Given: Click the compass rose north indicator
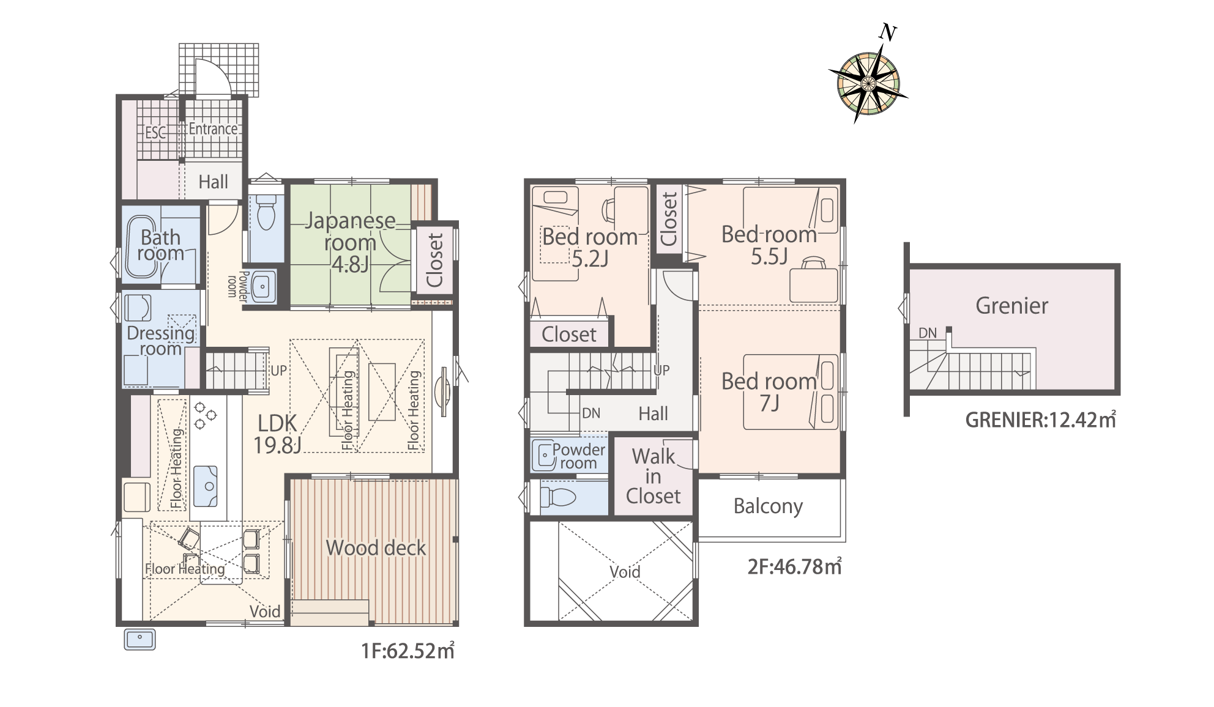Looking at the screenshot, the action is [887, 32].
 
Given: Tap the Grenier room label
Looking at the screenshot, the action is [1011, 305].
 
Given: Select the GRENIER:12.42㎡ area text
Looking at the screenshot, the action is [1040, 420].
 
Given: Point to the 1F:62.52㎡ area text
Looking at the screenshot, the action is [408, 650].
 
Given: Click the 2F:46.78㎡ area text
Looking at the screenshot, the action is [794, 566].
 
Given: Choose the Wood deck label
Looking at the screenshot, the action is [376, 547].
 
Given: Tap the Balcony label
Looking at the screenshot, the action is [768, 506].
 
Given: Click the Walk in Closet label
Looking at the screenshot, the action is [653, 476].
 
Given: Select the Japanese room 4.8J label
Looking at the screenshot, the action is [350, 242].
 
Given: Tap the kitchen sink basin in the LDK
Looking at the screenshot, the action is [206, 486].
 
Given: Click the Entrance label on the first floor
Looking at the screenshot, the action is [213, 129].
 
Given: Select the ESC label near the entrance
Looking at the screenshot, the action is [155, 133].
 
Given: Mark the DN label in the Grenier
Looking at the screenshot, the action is [928, 333].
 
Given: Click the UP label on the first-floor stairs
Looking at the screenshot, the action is [278, 370].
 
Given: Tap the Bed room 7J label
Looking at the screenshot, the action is [769, 392].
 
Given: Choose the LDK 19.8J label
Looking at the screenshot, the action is [277, 434].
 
